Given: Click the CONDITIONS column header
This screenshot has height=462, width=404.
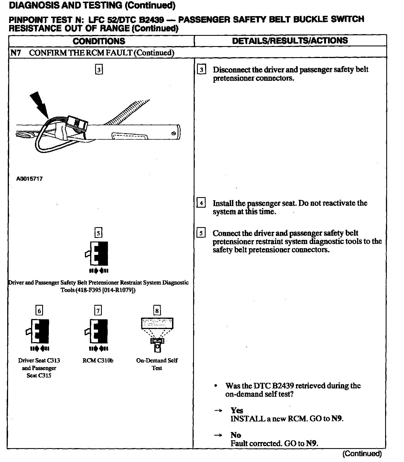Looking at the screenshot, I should pos(99,41).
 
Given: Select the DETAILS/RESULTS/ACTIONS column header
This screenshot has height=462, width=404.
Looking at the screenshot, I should pos(290,41).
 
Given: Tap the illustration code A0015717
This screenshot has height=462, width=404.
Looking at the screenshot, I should pos(29,179).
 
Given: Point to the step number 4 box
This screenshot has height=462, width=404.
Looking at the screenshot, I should pos(201,203).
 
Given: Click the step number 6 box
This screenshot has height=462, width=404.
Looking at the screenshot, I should pos(39,310).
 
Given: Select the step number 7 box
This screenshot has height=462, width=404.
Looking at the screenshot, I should pos(98,310).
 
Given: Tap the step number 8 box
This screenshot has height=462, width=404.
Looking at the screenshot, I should pos(157,310).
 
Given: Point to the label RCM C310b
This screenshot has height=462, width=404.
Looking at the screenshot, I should pos(98,360).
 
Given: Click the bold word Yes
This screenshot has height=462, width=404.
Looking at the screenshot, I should pos(237,410).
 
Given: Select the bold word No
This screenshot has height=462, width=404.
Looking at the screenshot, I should pos(236,435).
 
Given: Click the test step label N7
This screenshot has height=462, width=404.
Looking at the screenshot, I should pos(16,53).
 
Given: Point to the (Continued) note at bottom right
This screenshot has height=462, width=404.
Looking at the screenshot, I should pos(362,454).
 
